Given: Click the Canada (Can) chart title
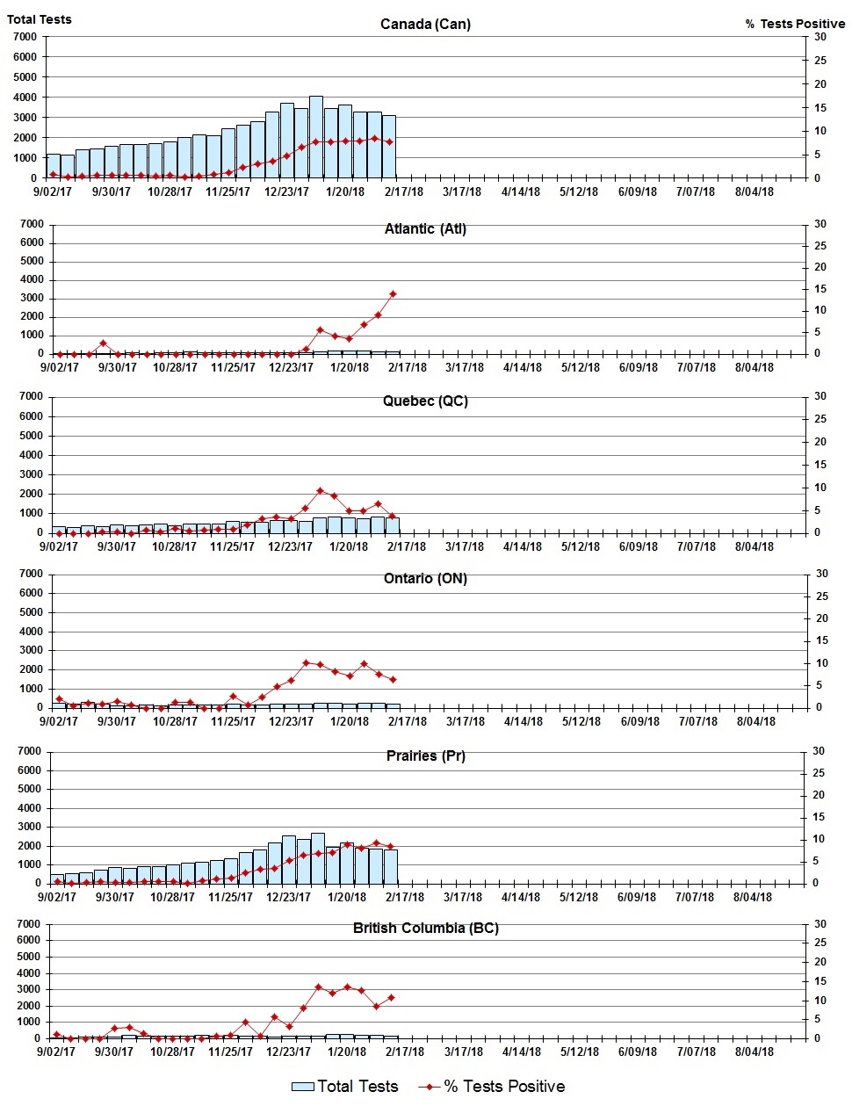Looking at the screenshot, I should [425, 24].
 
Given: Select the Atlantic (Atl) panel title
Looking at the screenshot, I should [425, 228].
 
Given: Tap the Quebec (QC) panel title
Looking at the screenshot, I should [425, 401].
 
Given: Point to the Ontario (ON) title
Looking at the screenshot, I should [425, 578].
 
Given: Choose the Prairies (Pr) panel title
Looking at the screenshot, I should [425, 755].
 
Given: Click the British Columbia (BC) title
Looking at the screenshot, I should [425, 928].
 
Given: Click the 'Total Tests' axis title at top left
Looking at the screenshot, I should [40, 18].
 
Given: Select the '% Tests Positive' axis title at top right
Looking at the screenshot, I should [795, 24].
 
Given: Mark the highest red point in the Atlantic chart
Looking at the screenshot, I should [393, 293].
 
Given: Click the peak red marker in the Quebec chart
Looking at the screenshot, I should [320, 491].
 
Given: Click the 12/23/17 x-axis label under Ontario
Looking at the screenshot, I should [291, 721].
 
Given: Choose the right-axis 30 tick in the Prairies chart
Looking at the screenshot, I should [818, 751].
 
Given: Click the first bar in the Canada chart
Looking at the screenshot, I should [54, 166].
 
